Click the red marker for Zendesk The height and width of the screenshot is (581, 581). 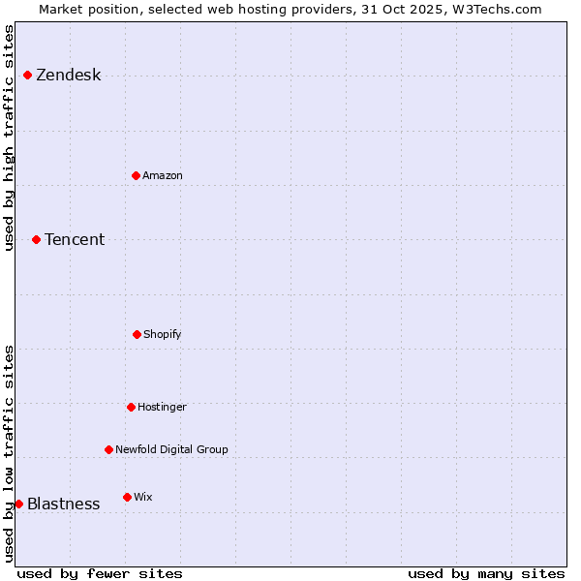click(x=27, y=75)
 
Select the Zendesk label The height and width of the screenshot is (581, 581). click(x=68, y=76)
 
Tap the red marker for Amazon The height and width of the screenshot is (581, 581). click(x=136, y=175)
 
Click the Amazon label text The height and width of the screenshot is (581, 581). click(x=162, y=176)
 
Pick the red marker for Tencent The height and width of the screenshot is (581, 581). click(x=36, y=239)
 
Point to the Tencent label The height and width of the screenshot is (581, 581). click(x=75, y=240)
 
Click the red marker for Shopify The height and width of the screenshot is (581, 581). click(x=137, y=334)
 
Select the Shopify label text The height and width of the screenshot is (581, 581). click(x=162, y=335)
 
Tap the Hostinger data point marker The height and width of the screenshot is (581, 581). click(x=131, y=407)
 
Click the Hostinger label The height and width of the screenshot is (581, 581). click(x=162, y=408)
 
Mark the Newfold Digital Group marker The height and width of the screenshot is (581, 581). click(x=108, y=449)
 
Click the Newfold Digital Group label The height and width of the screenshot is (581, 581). click(x=171, y=450)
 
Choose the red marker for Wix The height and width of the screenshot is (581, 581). click(x=127, y=497)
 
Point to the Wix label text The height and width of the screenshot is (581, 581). click(x=142, y=498)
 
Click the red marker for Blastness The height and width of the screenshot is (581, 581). click(x=18, y=504)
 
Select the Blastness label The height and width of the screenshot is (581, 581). click(x=63, y=505)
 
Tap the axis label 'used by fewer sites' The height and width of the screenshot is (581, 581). click(x=100, y=573)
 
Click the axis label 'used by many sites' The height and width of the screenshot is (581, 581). click(x=486, y=573)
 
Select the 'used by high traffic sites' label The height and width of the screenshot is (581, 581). click(x=9, y=138)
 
